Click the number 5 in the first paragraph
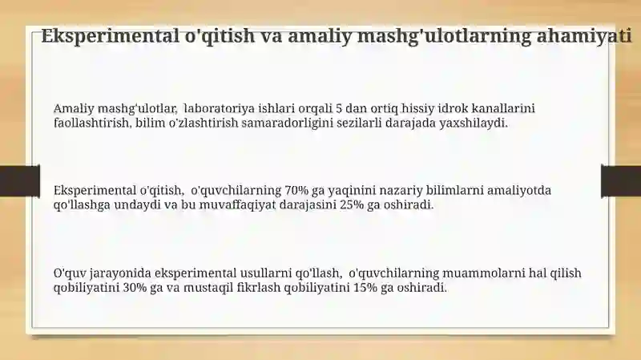click(338, 108)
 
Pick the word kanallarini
click(503, 108)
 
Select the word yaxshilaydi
click(474, 123)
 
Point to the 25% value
click(352, 204)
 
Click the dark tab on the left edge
click(19, 181)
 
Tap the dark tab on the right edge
click(621, 181)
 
